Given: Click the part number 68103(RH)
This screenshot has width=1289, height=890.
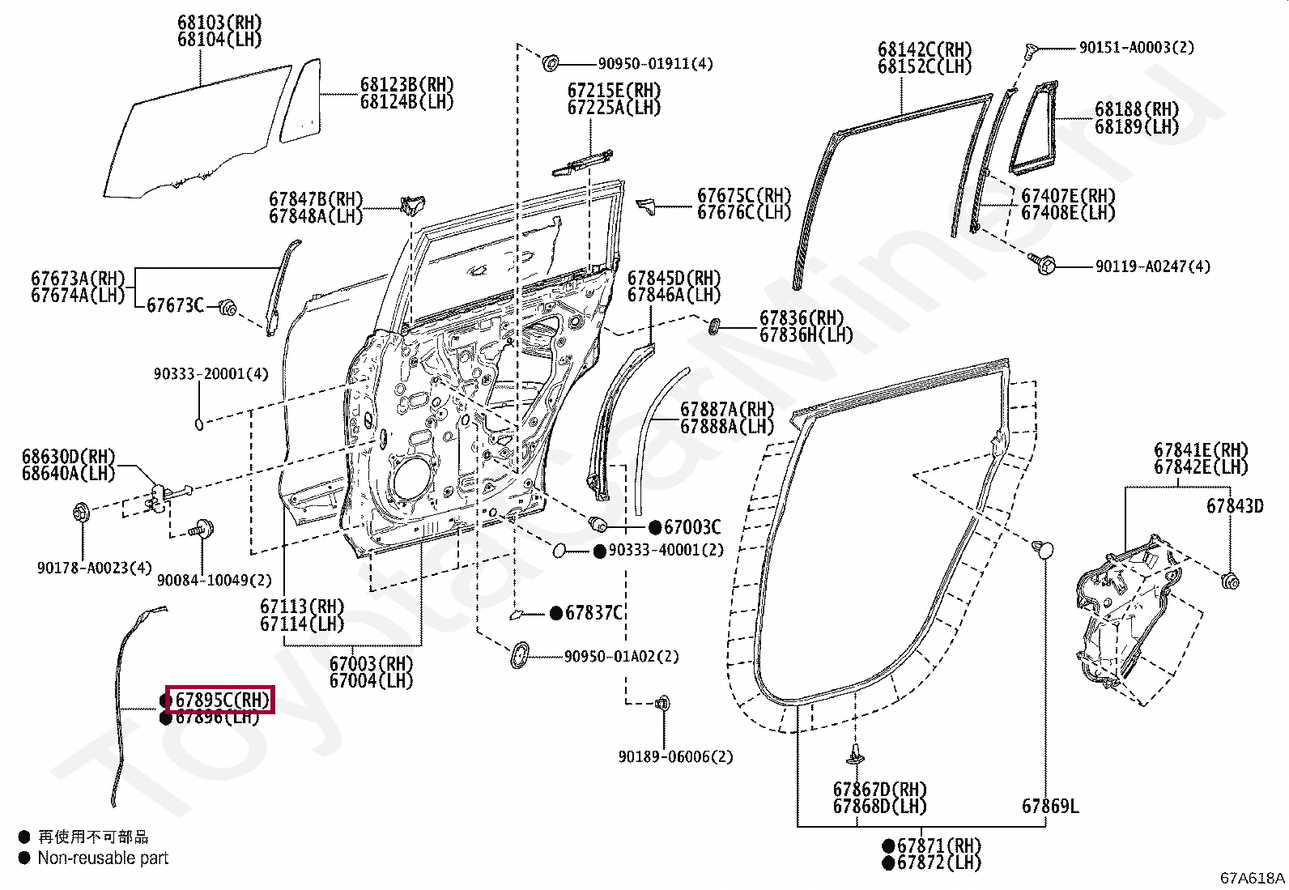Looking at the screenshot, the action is [219, 23].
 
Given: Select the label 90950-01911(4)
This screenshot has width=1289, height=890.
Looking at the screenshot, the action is [656, 63].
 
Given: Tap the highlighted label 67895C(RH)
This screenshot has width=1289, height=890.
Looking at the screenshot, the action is [222, 700].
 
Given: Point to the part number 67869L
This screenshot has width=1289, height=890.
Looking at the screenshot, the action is [1050, 806].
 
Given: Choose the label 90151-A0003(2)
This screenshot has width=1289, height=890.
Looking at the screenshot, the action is [1137, 47].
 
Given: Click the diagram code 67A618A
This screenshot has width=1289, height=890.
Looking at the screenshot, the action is [1253, 878].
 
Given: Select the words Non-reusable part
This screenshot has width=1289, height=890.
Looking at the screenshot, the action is [103, 858].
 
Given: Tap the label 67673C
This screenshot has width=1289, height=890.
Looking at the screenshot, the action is [175, 305].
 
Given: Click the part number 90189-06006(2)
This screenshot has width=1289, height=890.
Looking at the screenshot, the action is [675, 756].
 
